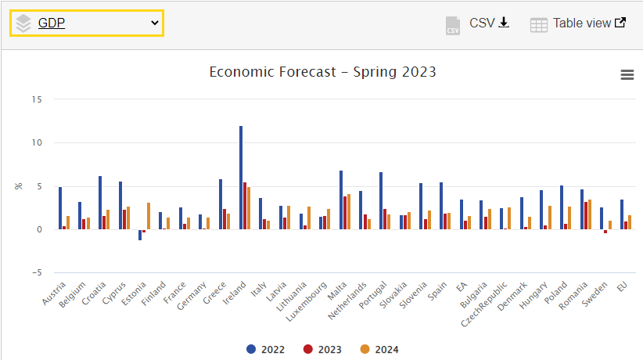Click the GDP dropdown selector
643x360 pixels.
click(86, 23)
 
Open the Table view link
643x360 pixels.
click(578, 23)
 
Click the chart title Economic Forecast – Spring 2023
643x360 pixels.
click(322, 72)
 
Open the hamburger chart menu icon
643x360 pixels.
click(627, 74)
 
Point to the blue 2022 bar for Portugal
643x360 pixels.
click(381, 200)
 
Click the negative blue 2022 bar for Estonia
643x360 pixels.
click(140, 235)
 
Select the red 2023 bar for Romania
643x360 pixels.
click(586, 215)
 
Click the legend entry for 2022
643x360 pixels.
click(265, 349)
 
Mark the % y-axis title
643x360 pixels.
click(19, 186)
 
